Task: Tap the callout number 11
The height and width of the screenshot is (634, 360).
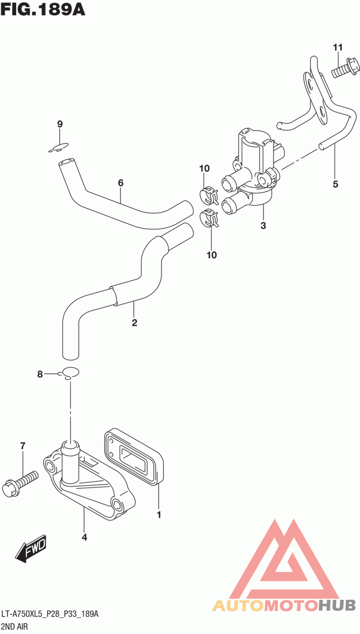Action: pyautogui.click(x=338, y=47)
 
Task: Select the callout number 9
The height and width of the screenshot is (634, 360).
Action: pyautogui.click(x=60, y=124)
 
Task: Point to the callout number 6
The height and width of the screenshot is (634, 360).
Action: pyautogui.click(x=121, y=183)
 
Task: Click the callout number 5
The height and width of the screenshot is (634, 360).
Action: pyautogui.click(x=335, y=184)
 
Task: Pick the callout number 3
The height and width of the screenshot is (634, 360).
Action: pyautogui.click(x=263, y=226)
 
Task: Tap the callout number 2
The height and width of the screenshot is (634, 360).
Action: pyautogui.click(x=135, y=322)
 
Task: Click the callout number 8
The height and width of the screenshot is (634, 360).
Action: pyautogui.click(x=40, y=374)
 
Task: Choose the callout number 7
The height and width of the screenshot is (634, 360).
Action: pyautogui.click(x=22, y=446)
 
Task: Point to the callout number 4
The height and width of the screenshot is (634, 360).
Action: pyautogui.click(x=84, y=537)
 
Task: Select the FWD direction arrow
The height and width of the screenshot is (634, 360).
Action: pyautogui.click(x=31, y=549)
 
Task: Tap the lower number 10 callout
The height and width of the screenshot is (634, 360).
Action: pyautogui.click(x=211, y=255)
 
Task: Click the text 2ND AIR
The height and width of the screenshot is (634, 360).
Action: pyautogui.click(x=14, y=626)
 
